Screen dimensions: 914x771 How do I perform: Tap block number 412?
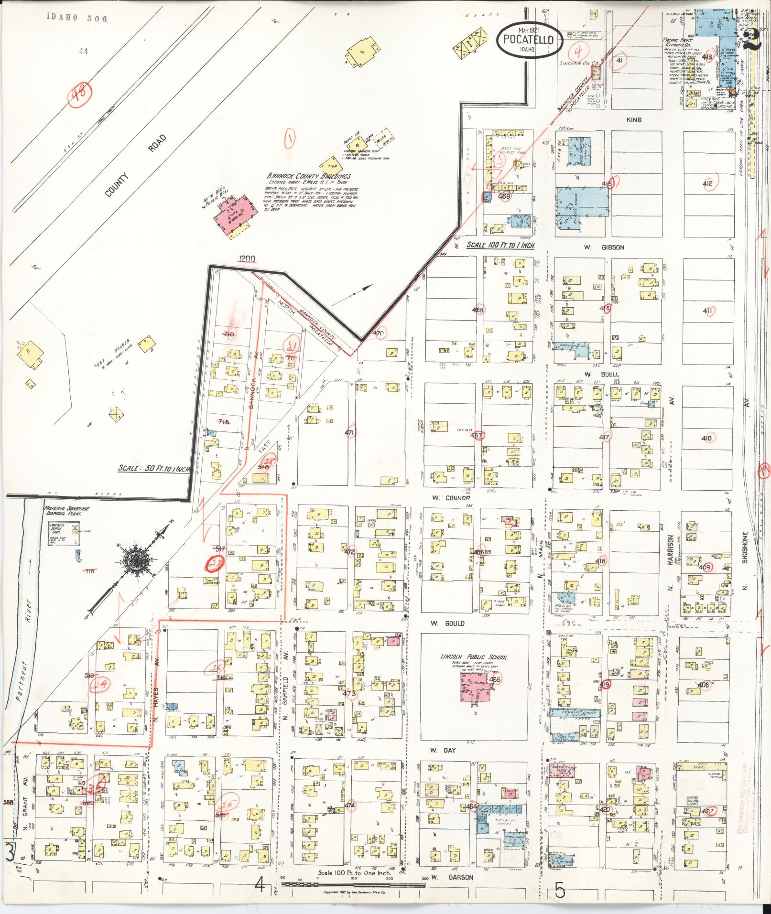[x=707, y=183]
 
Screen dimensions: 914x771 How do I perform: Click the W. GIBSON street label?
[x=597, y=247]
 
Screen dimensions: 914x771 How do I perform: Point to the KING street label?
[x=634, y=119]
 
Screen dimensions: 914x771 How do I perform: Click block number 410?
[x=706, y=439]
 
